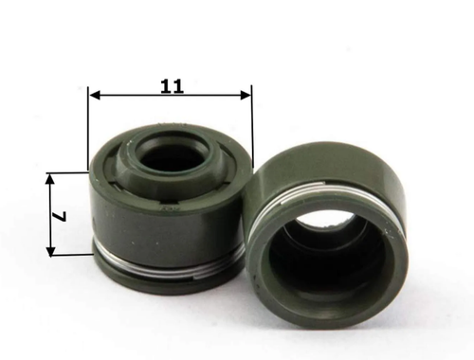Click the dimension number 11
[172, 86]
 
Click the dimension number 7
[59, 216]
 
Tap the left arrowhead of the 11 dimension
[95, 95]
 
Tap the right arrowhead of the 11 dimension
[246, 95]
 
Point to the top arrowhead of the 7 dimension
[50, 179]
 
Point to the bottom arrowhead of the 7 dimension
[50, 250]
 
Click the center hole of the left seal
[159, 157]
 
